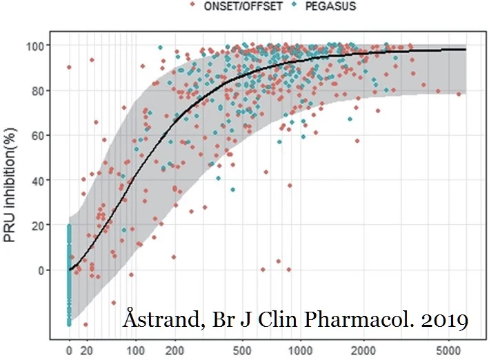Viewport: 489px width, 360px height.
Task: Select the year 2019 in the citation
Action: (x=445, y=320)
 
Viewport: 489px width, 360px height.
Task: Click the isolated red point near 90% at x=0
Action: (x=69, y=67)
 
